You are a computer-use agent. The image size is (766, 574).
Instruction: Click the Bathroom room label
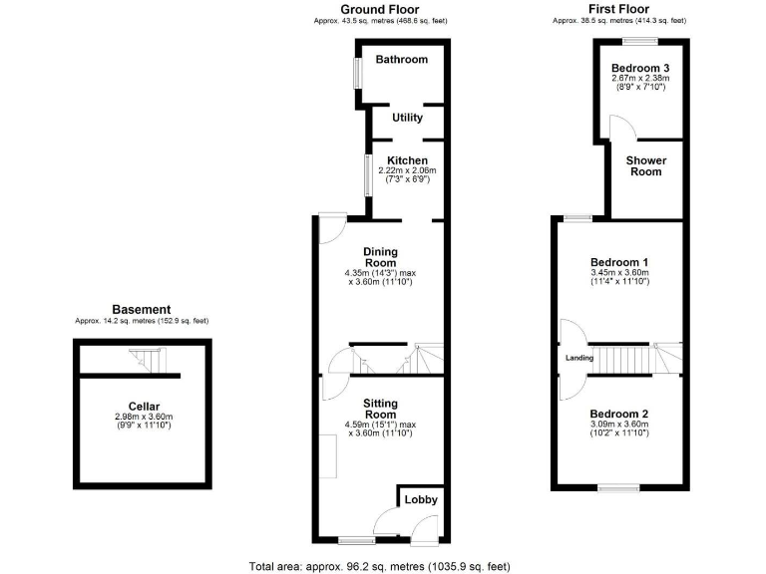pos(401,60)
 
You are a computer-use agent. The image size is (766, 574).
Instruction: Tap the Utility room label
pos(407,118)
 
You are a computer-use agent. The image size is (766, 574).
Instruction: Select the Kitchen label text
pos(407,160)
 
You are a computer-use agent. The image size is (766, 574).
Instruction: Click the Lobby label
pos(420,499)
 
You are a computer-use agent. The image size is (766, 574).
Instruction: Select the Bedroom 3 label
pos(638,68)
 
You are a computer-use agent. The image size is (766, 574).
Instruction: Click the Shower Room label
pos(644,165)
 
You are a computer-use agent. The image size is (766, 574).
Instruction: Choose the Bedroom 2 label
pos(618,414)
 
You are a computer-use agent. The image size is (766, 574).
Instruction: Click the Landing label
pos(580,358)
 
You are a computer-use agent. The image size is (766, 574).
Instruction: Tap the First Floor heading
pos(618,9)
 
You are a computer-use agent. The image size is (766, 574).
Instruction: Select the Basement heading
pos(141,310)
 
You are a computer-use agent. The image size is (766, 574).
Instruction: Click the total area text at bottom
pos(383,565)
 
